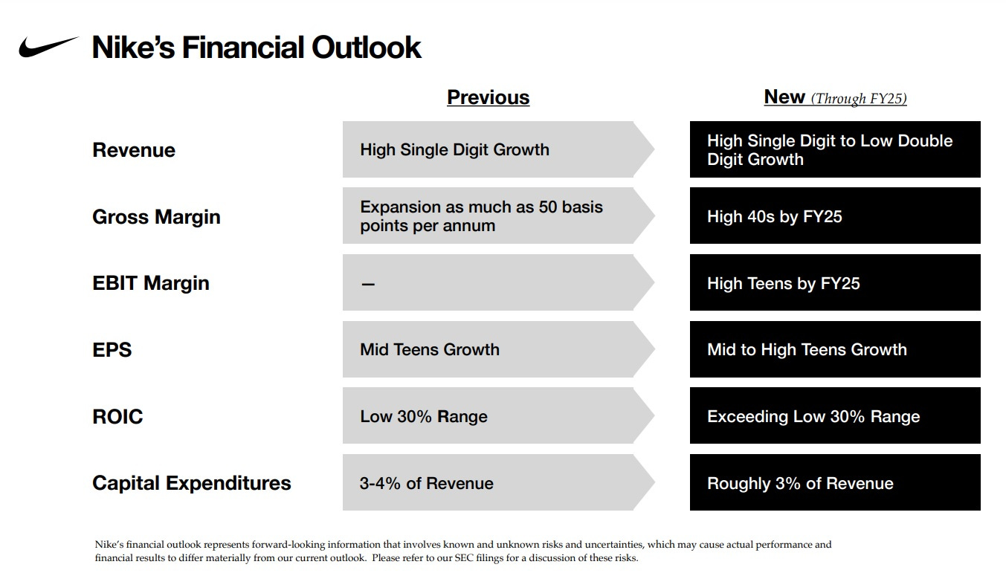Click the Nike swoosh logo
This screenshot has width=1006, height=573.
(48, 47)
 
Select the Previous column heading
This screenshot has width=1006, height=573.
(488, 97)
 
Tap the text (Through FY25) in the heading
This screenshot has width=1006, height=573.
(859, 99)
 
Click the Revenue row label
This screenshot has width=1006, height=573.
(134, 150)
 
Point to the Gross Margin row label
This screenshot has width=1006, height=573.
(156, 217)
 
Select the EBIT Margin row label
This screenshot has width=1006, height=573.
(150, 283)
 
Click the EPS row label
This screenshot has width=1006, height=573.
(112, 349)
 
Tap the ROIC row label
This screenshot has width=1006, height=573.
(117, 416)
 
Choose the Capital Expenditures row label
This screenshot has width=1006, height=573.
(191, 483)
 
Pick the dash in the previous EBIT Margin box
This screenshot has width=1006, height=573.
(367, 285)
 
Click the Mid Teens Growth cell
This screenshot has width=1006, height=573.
(429, 349)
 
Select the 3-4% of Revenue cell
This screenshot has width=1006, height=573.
(426, 483)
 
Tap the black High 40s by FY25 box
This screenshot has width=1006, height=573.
(834, 216)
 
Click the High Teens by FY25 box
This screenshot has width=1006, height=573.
(834, 283)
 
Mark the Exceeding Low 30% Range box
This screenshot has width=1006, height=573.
(834, 416)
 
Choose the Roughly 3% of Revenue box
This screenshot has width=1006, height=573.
(834, 483)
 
